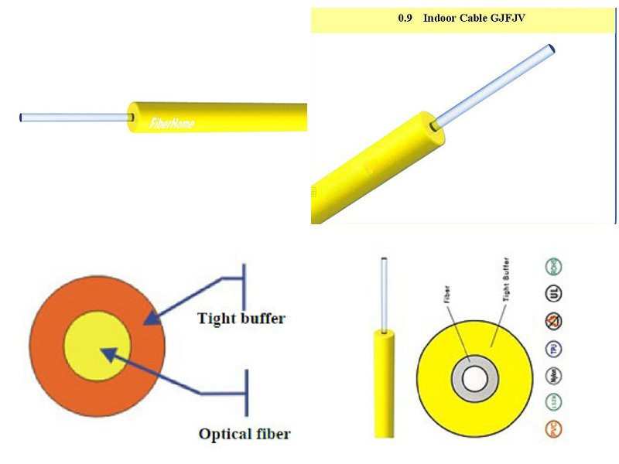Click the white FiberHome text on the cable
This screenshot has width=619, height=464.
(172, 123)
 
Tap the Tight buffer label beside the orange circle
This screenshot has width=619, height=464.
(241, 318)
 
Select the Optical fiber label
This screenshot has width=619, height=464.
(245, 434)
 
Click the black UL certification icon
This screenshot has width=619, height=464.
(554, 294)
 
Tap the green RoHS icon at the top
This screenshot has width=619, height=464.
(554, 268)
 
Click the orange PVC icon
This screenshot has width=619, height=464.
(554, 428)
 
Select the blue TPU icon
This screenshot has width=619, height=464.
(554, 348)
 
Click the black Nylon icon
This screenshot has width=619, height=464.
(554, 375)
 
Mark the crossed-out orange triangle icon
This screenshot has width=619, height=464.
(554, 321)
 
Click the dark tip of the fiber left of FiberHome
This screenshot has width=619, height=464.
(21, 118)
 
